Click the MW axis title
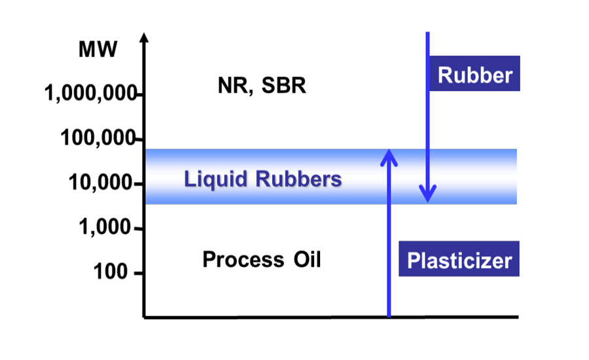tap(99, 50)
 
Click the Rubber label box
tap(474, 75)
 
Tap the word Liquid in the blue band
tap(212, 178)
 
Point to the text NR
tap(232, 86)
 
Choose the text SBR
tap(283, 86)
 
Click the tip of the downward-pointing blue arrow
tap(428, 200)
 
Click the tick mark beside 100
tap(139, 273)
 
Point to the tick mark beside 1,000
tap(139, 229)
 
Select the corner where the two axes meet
tap(144, 317)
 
